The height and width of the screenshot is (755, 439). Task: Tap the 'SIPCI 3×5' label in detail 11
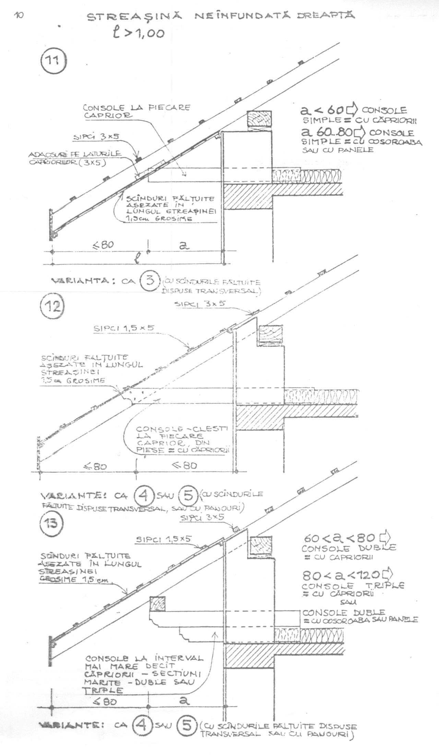[x=96, y=137]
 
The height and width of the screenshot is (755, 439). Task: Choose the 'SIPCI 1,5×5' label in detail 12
[x=124, y=328]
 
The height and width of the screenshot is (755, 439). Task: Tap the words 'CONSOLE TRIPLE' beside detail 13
[x=353, y=586]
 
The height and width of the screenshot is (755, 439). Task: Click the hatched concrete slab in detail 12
[x=261, y=417]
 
